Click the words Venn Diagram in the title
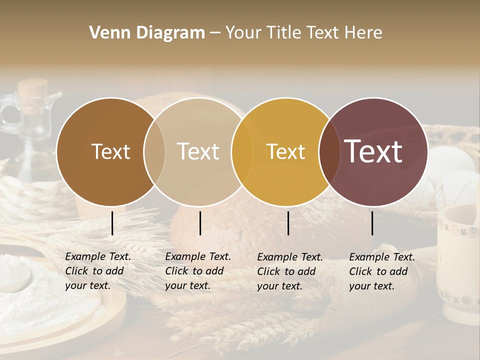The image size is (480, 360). tap(147, 33)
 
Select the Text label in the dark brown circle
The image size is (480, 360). tap(110, 152)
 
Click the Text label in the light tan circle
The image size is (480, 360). tap(198, 152)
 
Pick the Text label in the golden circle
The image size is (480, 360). tap(286, 152)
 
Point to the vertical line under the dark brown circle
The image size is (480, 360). tap(112, 223)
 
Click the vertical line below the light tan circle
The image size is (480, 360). tap(200, 223)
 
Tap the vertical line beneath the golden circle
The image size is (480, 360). tap(288, 223)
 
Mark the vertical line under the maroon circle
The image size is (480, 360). tap(372, 223)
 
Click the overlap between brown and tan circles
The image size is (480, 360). tap(154, 152)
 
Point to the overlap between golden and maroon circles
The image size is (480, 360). tap(329, 152)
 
